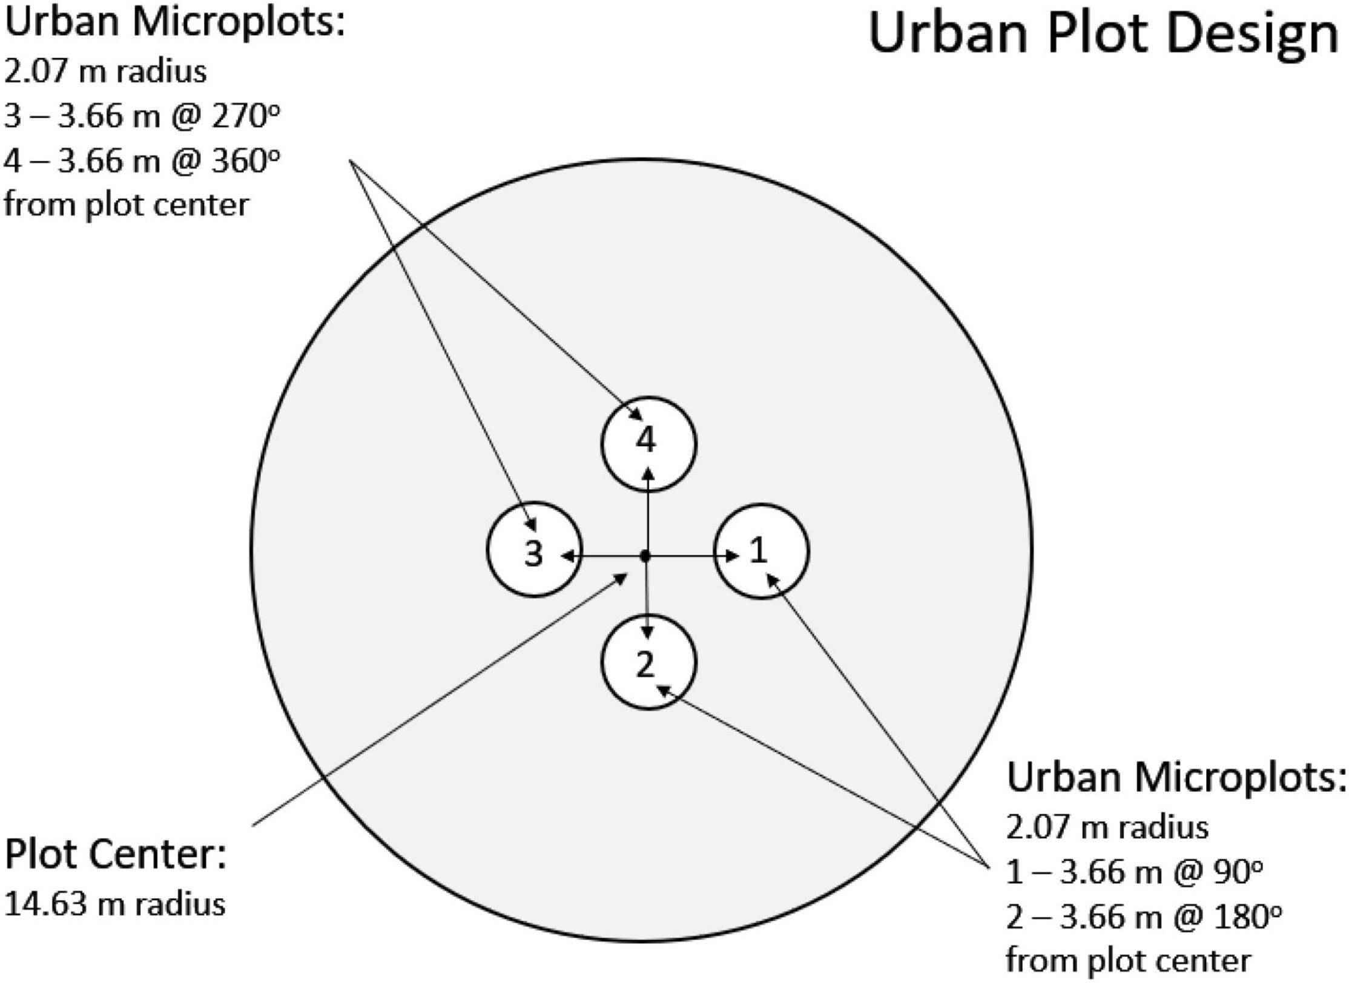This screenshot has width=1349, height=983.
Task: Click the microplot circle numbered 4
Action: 648,443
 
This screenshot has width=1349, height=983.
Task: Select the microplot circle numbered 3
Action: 535,549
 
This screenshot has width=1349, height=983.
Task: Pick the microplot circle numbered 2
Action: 648,662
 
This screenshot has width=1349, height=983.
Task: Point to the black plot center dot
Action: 645,556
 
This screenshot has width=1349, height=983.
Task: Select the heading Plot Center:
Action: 115,854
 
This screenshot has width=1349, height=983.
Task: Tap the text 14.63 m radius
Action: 115,904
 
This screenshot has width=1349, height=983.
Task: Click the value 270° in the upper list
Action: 245,116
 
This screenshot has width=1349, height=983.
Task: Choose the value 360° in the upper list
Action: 245,160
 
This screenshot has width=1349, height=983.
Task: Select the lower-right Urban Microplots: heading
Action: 1176,778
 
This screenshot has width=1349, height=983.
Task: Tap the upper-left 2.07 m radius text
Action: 105,71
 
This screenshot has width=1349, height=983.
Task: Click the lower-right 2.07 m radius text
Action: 1107,827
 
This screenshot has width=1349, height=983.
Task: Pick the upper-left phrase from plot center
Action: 127,205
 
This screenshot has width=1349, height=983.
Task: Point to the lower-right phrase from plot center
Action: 1128,961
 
